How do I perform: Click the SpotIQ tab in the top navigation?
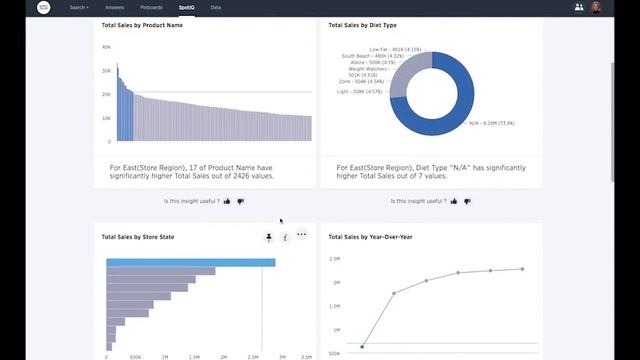[x=187, y=7]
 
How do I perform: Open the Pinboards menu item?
[x=151, y=7]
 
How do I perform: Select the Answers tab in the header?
[x=115, y=7]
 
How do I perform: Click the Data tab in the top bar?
[x=216, y=7]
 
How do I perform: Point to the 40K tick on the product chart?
[x=106, y=47]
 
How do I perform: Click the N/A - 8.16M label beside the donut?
[x=491, y=123]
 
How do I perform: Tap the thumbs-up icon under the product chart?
[x=228, y=201]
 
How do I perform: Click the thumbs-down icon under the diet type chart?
[x=467, y=201]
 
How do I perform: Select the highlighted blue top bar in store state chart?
[x=190, y=263]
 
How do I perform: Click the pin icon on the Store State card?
[x=268, y=237]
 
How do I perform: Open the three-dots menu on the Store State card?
[x=301, y=236]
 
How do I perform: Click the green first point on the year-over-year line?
[x=361, y=347]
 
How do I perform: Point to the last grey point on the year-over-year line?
[x=522, y=269]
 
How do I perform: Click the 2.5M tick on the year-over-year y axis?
[x=336, y=259]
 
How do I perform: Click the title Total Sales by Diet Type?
[x=363, y=24]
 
